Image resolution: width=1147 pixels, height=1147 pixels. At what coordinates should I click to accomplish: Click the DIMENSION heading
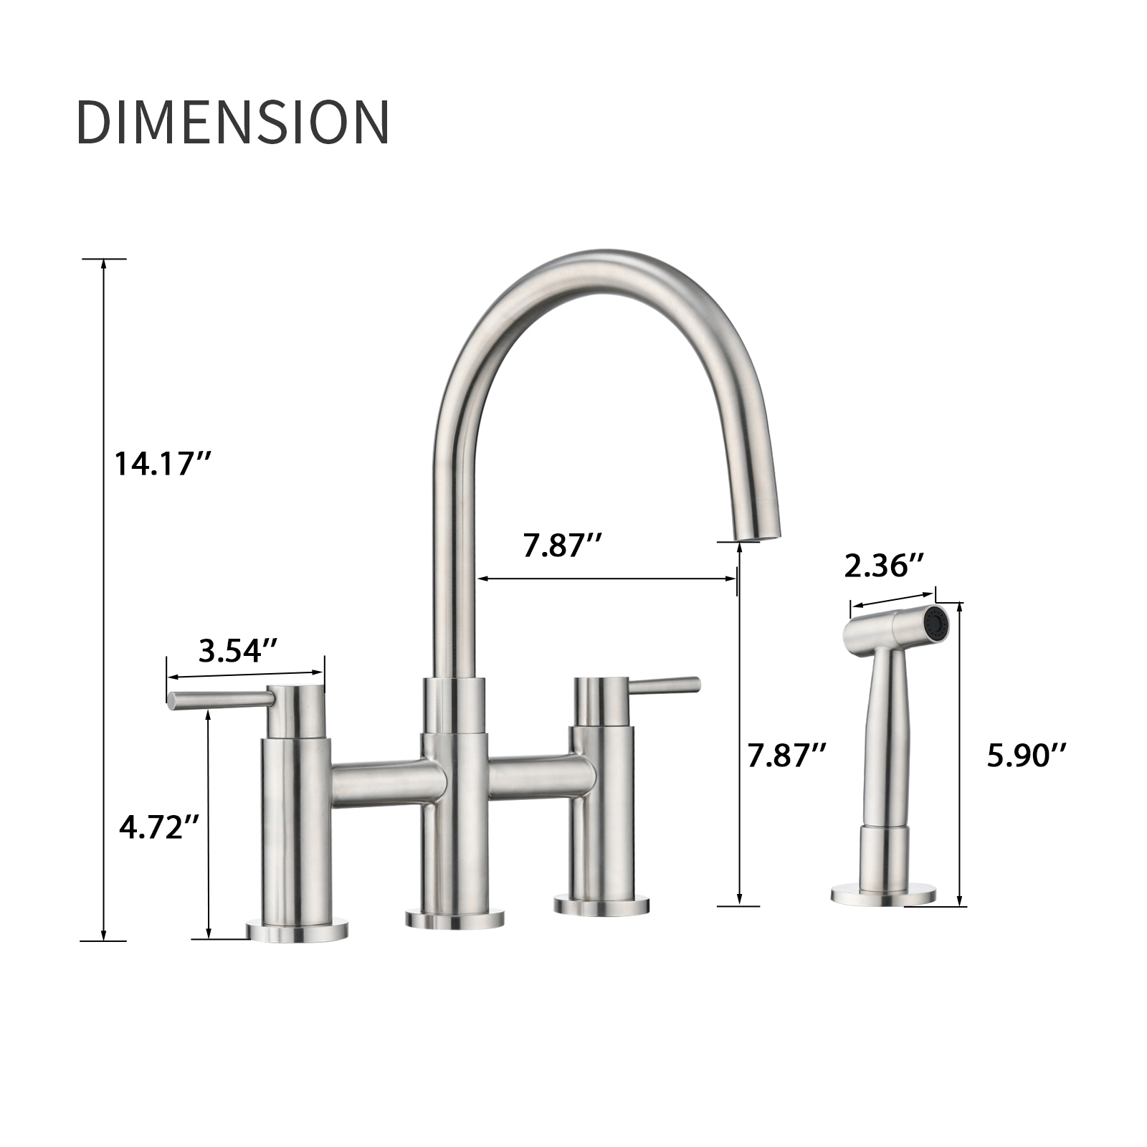(233, 122)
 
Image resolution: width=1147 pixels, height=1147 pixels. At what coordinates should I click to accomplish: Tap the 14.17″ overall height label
(162, 464)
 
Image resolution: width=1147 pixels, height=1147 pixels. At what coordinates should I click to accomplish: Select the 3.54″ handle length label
(238, 651)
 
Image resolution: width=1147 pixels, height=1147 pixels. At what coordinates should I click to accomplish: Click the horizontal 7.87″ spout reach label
(561, 546)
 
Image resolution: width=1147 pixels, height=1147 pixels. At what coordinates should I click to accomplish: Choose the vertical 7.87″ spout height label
(786, 755)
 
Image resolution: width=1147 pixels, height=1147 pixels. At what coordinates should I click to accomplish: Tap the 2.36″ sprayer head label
(884, 566)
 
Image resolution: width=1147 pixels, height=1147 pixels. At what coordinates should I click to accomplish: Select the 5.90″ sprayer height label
(1027, 755)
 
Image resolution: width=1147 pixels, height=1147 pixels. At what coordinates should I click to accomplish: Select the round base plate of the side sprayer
(883, 895)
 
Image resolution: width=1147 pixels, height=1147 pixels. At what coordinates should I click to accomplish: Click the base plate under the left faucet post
(296, 931)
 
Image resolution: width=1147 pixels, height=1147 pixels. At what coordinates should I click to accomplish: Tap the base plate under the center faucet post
(454, 919)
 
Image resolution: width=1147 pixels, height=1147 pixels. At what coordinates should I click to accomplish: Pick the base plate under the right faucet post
(601, 905)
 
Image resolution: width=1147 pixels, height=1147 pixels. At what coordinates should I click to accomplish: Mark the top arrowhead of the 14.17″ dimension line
(104, 263)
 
